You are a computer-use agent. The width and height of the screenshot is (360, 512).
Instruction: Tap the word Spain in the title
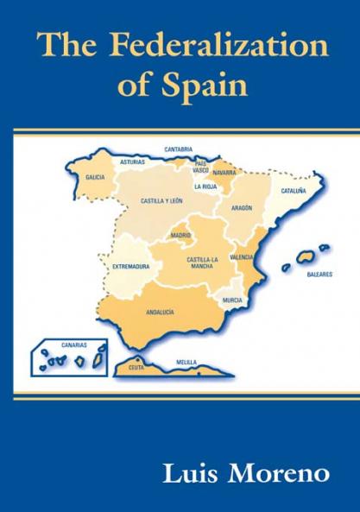click(x=203, y=86)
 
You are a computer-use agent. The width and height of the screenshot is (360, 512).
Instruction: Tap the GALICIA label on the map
click(x=95, y=177)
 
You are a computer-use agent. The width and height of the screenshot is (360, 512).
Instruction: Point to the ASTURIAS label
click(x=133, y=161)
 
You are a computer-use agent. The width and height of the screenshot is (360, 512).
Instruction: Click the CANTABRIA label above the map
click(x=179, y=149)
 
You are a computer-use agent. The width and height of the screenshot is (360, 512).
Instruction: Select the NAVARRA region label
click(x=224, y=172)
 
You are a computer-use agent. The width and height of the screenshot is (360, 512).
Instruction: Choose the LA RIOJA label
click(x=205, y=186)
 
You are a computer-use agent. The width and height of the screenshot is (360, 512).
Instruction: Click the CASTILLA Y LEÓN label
click(x=161, y=201)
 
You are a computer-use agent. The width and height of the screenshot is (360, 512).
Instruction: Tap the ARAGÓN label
click(x=242, y=208)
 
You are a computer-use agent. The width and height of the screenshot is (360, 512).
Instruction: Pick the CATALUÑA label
click(x=294, y=190)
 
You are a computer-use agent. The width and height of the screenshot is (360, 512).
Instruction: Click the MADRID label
click(x=180, y=235)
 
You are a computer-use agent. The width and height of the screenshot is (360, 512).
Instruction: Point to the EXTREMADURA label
click(x=131, y=267)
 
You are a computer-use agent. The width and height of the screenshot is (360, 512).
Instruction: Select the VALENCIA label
click(x=242, y=257)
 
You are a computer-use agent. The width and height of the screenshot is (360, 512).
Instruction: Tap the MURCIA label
click(x=231, y=300)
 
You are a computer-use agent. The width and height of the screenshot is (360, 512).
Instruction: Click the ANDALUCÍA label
click(x=161, y=311)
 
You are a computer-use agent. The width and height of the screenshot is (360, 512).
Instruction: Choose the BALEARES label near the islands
click(x=319, y=275)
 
